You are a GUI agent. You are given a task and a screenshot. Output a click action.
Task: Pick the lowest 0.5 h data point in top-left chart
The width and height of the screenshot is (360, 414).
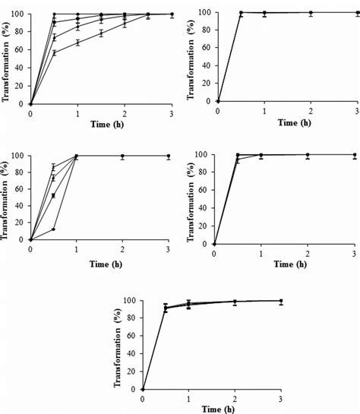[x=54, y=53]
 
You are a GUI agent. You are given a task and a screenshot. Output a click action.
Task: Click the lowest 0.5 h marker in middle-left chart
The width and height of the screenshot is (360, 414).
[x=53, y=229]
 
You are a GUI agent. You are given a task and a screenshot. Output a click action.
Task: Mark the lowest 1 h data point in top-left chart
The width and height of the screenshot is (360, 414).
[x=77, y=43]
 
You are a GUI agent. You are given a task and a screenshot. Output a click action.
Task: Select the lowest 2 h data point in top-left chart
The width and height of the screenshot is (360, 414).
[x=125, y=24]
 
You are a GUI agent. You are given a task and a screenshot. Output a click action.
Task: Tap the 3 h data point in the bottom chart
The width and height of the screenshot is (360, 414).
[x=282, y=301]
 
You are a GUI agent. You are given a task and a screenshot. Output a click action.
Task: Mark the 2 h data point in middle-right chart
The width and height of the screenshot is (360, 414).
[x=308, y=155]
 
